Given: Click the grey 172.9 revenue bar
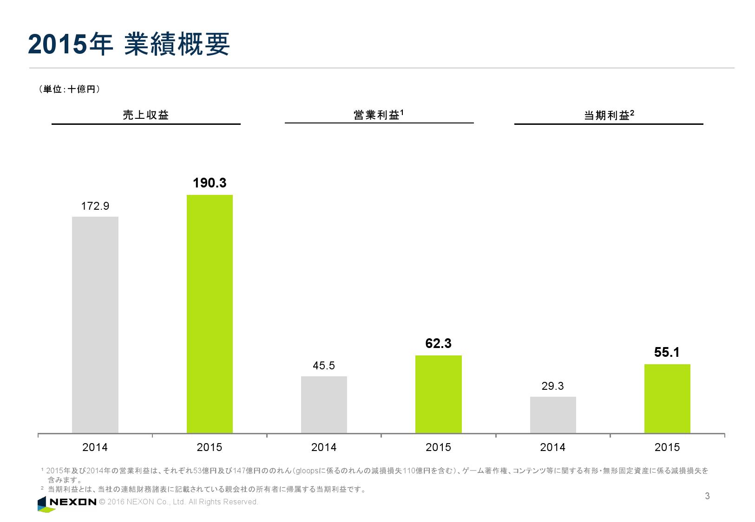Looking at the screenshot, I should click(x=95, y=325).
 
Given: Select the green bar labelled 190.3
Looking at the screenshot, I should click(x=210, y=314).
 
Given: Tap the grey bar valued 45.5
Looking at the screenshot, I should click(x=324, y=405).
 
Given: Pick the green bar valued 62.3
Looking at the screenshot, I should click(x=438, y=394).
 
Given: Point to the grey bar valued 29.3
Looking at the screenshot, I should click(x=553, y=415).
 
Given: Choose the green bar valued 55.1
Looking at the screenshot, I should click(x=667, y=399).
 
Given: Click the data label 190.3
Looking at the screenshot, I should click(x=210, y=183).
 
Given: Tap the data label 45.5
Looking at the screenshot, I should click(x=324, y=366).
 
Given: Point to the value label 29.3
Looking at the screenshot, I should click(x=553, y=386).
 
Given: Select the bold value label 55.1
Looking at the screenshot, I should click(x=667, y=353).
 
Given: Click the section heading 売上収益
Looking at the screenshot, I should click(x=145, y=115).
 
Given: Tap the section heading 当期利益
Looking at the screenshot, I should click(x=607, y=115).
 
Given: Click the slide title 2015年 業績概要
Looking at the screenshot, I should click(x=129, y=45).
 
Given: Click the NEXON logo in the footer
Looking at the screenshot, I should click(x=67, y=502).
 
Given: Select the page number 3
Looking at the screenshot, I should click(x=707, y=496).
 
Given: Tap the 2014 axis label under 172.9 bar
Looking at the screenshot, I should click(x=95, y=447).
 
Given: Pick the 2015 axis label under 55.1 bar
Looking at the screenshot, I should click(x=667, y=447).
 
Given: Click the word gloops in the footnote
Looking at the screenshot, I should click(x=308, y=470).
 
